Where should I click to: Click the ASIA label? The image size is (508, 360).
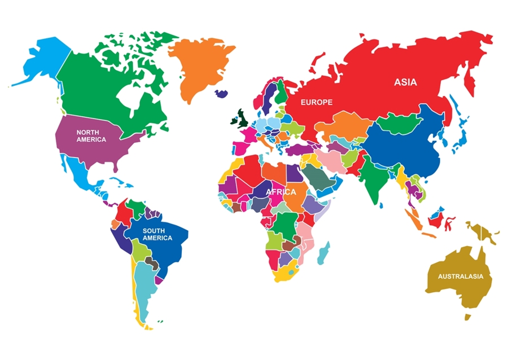point(405,82)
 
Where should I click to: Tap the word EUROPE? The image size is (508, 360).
point(316,102)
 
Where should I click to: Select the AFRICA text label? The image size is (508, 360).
point(281,192)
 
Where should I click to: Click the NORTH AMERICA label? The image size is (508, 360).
point(91,135)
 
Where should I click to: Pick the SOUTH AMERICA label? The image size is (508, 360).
point(157,234)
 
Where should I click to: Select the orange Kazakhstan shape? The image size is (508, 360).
point(350,124)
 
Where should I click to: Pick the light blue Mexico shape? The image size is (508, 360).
point(79,169)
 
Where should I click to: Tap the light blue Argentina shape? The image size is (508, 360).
point(147,288)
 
